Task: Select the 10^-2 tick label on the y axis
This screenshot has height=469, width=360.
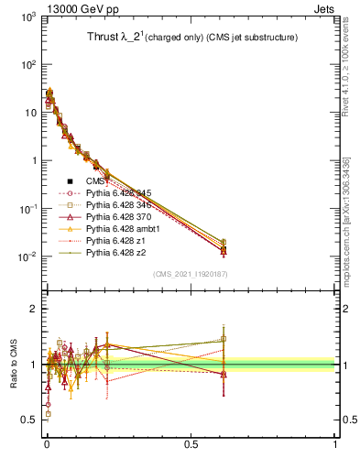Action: tap(27, 256)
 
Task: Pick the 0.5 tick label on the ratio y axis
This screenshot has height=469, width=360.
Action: tap(28, 420)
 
